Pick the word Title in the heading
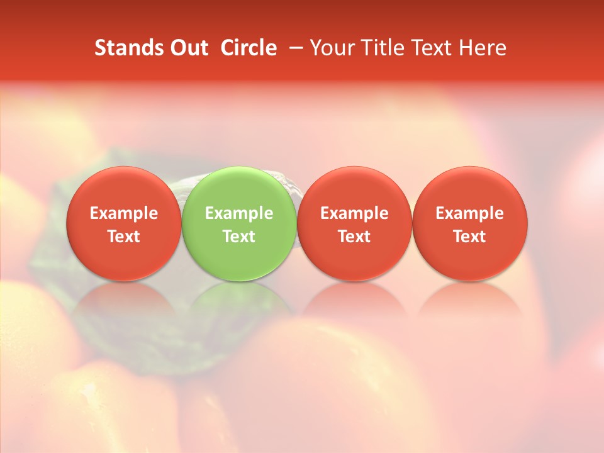point(381,48)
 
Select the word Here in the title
point(483,48)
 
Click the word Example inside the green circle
point(239,213)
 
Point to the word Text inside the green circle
point(239,237)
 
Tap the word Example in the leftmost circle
point(123,213)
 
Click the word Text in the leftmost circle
point(123,237)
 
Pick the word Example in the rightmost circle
point(470,213)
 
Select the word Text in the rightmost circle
point(470,237)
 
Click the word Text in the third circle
point(354,237)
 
